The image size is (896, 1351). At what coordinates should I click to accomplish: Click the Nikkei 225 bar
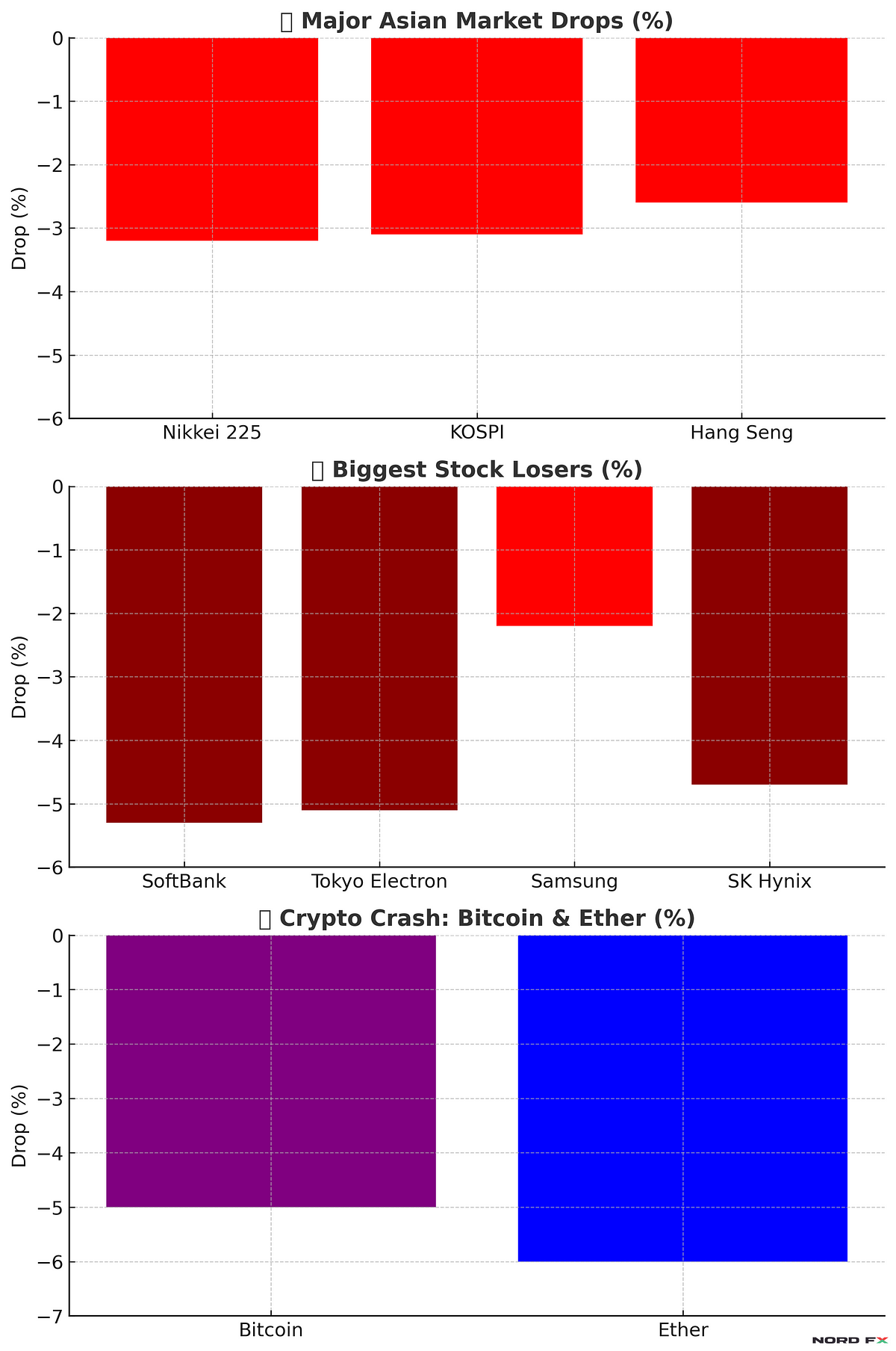click(x=212, y=139)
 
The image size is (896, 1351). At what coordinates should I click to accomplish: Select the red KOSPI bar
click(x=476, y=136)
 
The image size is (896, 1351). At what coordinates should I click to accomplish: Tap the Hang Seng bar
click(x=741, y=120)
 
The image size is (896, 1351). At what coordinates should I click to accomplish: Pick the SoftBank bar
click(x=184, y=655)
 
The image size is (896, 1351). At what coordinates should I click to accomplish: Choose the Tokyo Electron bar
click(x=379, y=648)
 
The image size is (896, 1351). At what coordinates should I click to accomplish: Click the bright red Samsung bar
click(x=574, y=556)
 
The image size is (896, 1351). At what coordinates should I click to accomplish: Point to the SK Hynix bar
click(x=769, y=635)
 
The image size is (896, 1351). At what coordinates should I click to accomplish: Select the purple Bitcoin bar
click(x=271, y=1071)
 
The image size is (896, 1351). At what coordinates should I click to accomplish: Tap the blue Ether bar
click(x=682, y=1098)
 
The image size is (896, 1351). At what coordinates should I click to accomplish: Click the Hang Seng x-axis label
click(x=741, y=433)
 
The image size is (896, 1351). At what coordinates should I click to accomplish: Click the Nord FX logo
click(x=849, y=1341)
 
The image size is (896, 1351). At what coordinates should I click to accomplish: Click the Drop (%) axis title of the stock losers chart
click(x=20, y=677)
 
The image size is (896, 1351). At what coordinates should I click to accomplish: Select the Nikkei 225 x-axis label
click(x=212, y=433)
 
